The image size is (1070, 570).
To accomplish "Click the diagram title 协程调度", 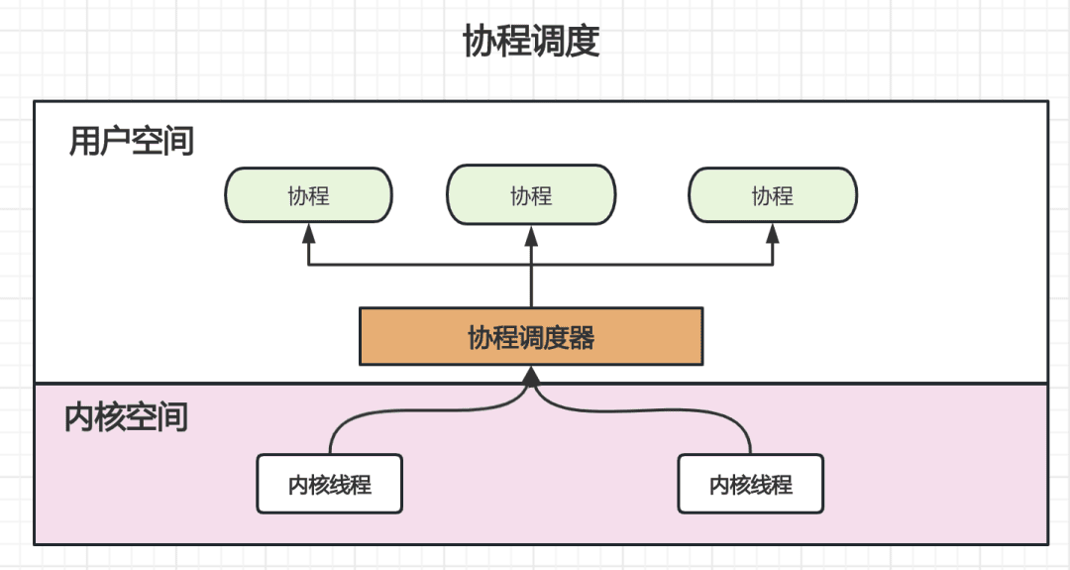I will click(531, 43).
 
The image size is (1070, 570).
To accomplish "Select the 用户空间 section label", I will click(131, 142).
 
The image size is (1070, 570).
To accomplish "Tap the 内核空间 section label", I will click(126, 416).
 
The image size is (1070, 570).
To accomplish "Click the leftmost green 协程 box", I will click(308, 195).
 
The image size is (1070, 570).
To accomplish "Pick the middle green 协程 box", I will click(531, 195).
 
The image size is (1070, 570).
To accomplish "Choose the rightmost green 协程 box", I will click(773, 195).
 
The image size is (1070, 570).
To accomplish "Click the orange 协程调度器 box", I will click(531, 337).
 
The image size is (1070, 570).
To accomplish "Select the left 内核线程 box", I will click(330, 484).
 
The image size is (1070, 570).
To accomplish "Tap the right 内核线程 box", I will click(751, 484).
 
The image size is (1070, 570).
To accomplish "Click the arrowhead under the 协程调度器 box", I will click(531, 376).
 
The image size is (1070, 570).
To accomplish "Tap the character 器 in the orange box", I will click(582, 338).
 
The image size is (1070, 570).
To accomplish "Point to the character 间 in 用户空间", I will click(178, 142).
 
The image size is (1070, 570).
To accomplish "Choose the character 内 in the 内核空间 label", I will click(79, 416).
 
